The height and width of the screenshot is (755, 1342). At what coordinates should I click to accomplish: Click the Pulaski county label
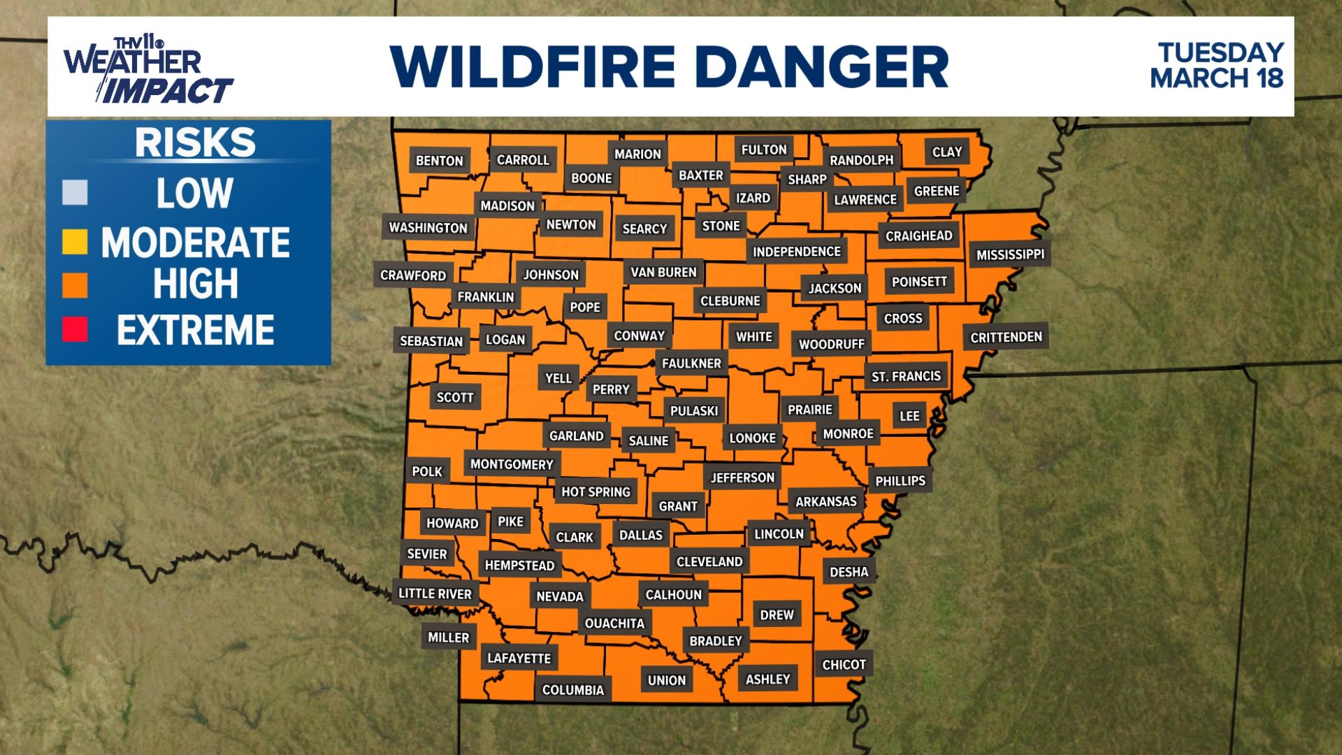pyautogui.click(x=694, y=411)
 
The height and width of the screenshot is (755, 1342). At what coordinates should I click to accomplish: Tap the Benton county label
pyautogui.click(x=440, y=161)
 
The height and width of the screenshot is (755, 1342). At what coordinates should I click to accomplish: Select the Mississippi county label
pyautogui.click(x=1010, y=254)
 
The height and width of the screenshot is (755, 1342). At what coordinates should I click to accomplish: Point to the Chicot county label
pyautogui.click(x=844, y=665)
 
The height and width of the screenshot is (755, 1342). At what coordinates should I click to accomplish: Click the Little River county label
pyautogui.click(x=435, y=594)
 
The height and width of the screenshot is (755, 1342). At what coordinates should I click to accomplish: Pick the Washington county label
pyautogui.click(x=428, y=228)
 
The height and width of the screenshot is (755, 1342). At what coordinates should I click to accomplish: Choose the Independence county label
pyautogui.click(x=796, y=252)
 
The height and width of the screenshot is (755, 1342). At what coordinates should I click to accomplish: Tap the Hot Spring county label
pyautogui.click(x=596, y=492)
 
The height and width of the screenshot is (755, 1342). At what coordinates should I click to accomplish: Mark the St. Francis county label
pyautogui.click(x=906, y=376)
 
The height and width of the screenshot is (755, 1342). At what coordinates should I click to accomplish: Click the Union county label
pyautogui.click(x=667, y=680)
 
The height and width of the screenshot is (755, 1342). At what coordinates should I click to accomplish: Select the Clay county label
pyautogui.click(x=947, y=152)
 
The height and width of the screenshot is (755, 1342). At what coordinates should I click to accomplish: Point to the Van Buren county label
pyautogui.click(x=663, y=272)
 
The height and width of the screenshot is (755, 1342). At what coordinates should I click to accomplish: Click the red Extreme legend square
pyautogui.click(x=75, y=330)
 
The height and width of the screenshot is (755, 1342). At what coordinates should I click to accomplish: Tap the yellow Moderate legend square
pyautogui.click(x=75, y=242)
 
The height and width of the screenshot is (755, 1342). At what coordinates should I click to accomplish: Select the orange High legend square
pyautogui.click(x=75, y=285)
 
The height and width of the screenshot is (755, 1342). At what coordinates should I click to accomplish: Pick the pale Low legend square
pyautogui.click(x=75, y=193)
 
